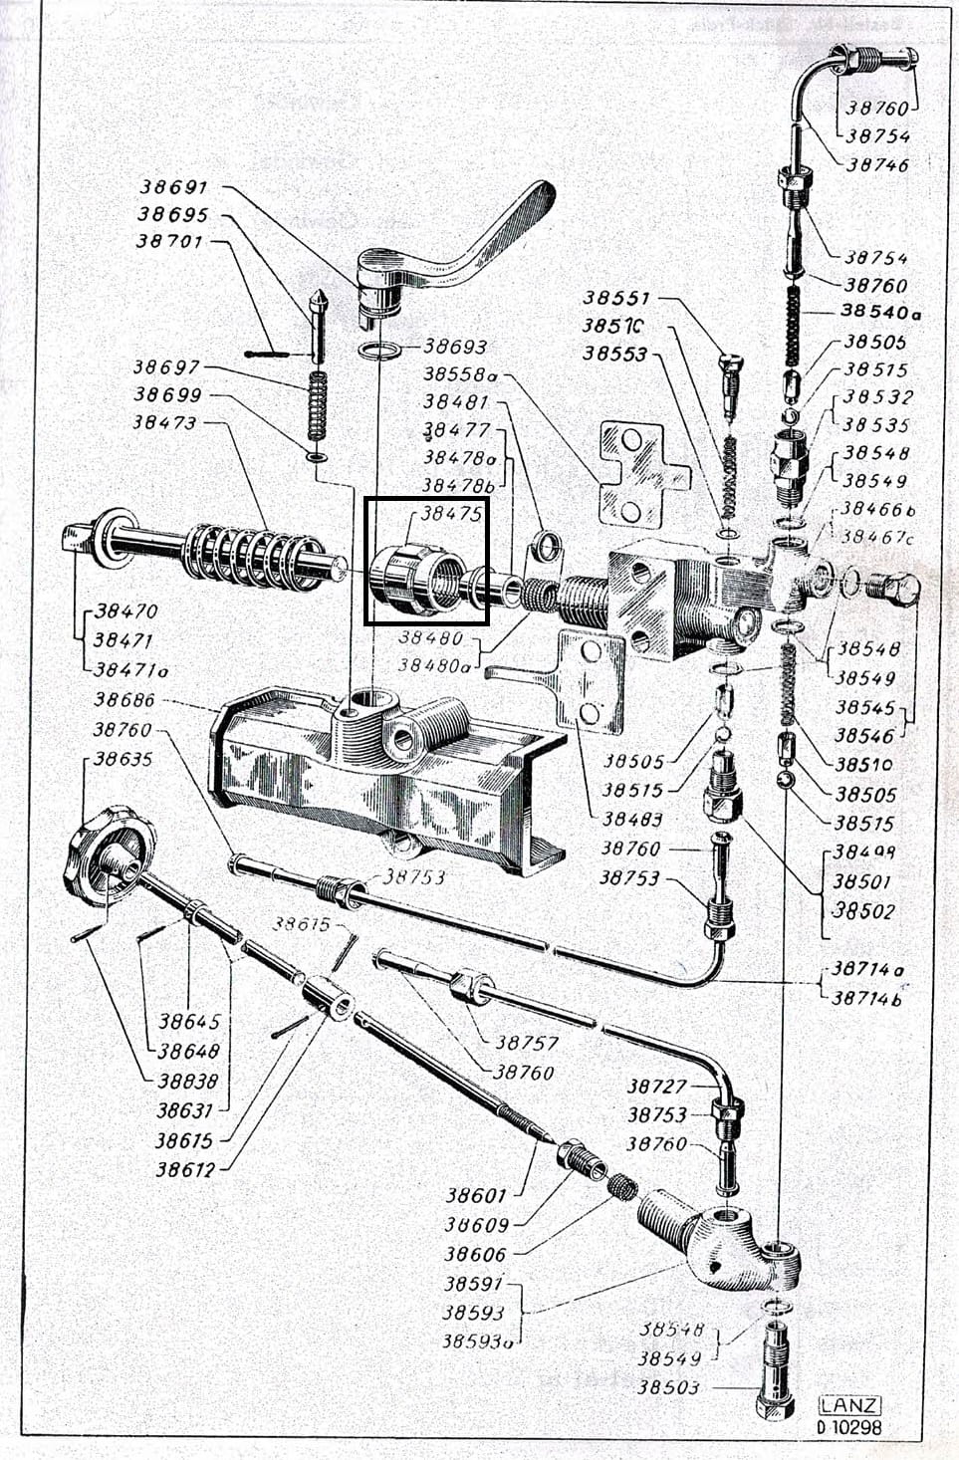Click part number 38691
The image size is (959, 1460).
click(173, 186)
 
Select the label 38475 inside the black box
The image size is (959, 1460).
click(451, 514)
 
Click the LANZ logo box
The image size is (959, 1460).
click(849, 1405)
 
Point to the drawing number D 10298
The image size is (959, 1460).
click(848, 1427)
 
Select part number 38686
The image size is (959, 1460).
click(123, 701)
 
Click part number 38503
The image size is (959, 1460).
click(669, 1387)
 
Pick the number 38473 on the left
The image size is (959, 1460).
click(165, 422)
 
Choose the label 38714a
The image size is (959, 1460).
click(867, 969)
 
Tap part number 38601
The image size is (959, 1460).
click(476, 1195)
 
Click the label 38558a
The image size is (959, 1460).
click(461, 374)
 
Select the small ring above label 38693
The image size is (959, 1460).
click(378, 351)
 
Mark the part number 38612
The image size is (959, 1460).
click(185, 1169)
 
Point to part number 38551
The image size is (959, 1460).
click(616, 297)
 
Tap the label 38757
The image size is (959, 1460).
click(527, 1043)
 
